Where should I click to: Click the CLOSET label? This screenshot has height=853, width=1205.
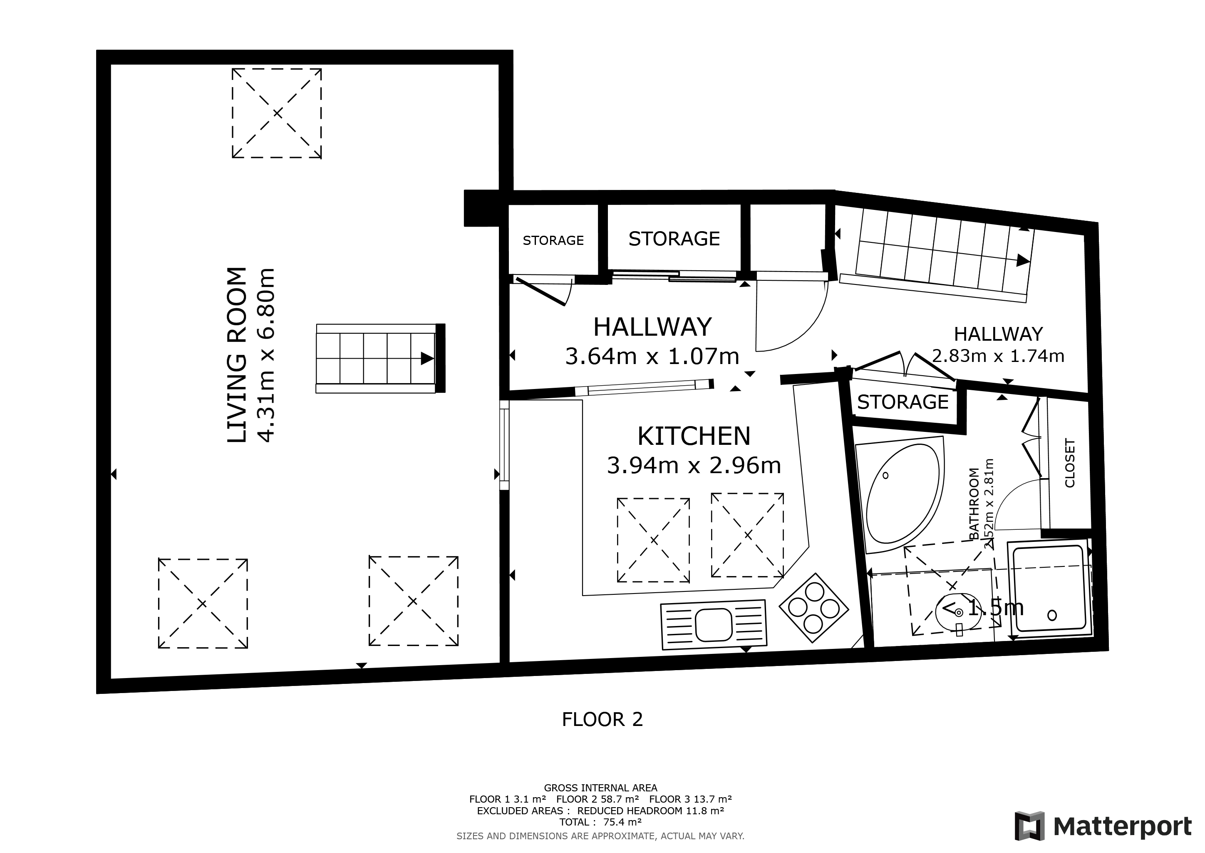[x=1070, y=463]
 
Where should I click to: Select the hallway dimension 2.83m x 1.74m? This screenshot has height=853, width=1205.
[x=998, y=356]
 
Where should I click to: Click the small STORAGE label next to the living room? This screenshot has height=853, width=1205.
[x=553, y=241]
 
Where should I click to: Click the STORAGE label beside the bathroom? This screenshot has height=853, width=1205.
[x=903, y=402]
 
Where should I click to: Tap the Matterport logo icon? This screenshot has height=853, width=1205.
[x=1029, y=826]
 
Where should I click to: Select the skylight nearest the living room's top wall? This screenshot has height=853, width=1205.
[x=277, y=113]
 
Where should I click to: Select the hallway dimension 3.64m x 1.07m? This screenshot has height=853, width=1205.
[x=652, y=356]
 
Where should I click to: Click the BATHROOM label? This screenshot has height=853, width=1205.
[x=974, y=503]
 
